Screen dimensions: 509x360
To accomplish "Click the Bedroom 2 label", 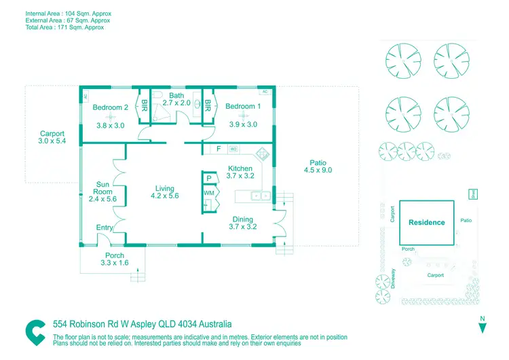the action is (x=111, y=107).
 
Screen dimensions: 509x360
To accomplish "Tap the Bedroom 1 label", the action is (x=243, y=107).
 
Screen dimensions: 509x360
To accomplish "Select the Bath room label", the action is (x=176, y=96).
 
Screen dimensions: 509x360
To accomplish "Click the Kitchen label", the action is (x=240, y=168).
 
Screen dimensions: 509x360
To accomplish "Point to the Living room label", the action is (x=164, y=189).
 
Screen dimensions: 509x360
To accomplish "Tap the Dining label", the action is (x=243, y=219).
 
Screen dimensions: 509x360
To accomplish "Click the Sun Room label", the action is (x=104, y=187).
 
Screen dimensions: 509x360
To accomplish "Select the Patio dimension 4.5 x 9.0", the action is (x=318, y=170).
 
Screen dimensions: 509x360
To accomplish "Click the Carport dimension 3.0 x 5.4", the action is (x=52, y=141).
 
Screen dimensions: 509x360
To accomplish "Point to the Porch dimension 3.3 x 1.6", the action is (x=114, y=263).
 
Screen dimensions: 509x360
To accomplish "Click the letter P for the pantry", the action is (x=209, y=179).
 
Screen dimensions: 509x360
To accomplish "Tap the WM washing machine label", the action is (x=208, y=194).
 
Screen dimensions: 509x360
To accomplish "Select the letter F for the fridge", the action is (x=219, y=149).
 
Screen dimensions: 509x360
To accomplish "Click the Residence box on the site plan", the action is (x=427, y=223).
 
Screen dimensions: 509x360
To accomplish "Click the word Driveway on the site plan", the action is (x=394, y=278).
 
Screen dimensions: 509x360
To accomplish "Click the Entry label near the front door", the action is (x=105, y=228).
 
